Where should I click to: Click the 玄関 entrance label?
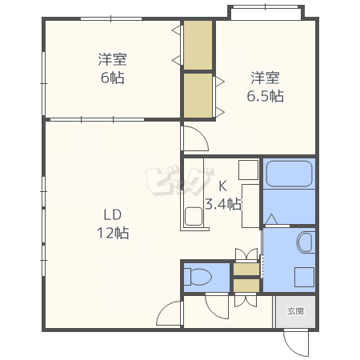click(295, 311)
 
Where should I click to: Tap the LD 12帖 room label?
click(113, 223)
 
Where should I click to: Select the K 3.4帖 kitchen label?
click(223, 195)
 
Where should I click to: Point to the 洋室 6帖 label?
click(112, 69)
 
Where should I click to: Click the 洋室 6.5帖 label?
click(265, 87)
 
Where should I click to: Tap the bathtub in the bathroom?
click(289, 174)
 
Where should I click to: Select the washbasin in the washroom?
click(305, 242)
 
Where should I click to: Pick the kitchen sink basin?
click(194, 217)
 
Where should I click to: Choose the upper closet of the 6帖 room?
click(198, 45)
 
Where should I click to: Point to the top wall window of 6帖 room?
click(111, 18)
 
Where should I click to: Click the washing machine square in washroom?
click(305, 277)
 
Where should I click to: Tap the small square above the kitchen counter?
click(248, 170)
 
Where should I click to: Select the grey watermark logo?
click(180, 182)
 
